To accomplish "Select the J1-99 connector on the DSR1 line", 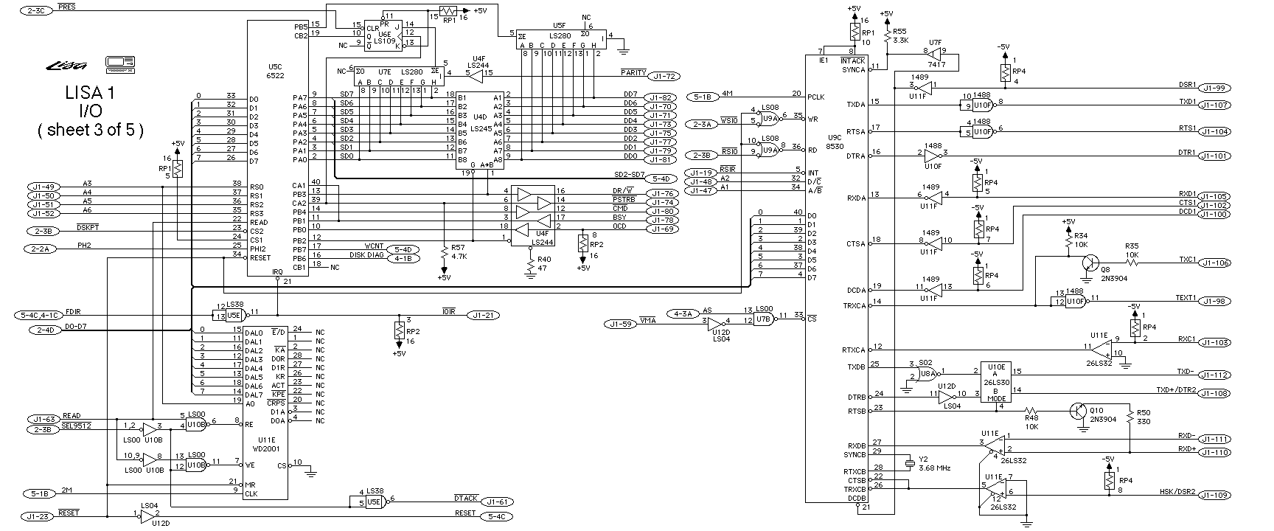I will (1214, 88).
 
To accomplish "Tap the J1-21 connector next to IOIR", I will (484, 316).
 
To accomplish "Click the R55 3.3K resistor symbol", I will (886, 35).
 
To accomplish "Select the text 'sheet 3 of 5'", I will (89, 131).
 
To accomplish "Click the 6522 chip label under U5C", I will (276, 76).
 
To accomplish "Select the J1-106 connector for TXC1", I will (1214, 263).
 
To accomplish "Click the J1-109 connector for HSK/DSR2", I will (1214, 496).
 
